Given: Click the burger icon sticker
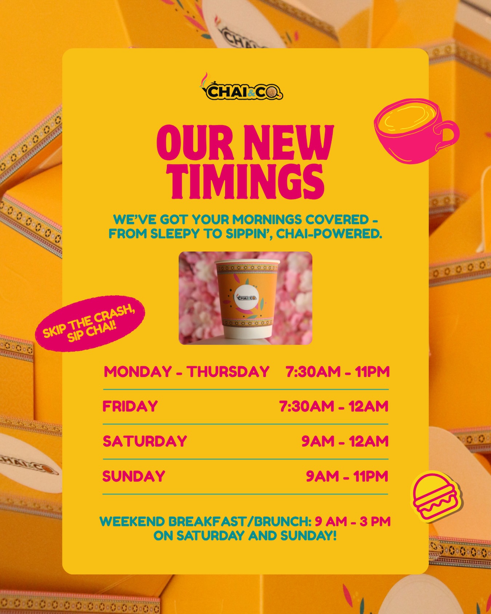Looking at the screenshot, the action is [x=436, y=495].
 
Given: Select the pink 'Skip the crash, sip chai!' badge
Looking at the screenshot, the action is [x=90, y=323].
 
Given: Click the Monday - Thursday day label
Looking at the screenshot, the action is [x=187, y=372].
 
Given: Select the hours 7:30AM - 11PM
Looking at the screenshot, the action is [x=338, y=372].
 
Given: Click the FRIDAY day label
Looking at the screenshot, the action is [x=130, y=406].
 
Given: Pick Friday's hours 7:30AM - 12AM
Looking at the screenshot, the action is [x=334, y=406].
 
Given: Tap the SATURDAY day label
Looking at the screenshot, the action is [x=145, y=441].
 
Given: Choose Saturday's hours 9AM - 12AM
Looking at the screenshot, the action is [x=345, y=441].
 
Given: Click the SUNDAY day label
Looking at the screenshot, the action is [x=134, y=476].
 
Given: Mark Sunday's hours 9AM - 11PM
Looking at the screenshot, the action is [x=347, y=476].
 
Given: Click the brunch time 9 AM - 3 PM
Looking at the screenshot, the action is [x=352, y=522].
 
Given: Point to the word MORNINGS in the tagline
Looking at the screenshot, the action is [x=267, y=220].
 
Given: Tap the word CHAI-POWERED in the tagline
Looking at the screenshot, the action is [x=329, y=234].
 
